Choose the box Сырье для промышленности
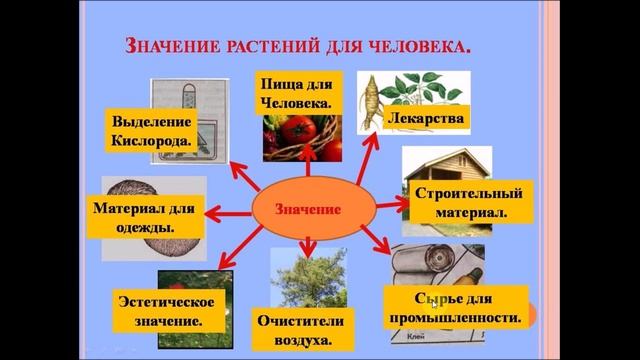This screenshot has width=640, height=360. [456, 308]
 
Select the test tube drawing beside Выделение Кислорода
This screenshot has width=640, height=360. [189, 100]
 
